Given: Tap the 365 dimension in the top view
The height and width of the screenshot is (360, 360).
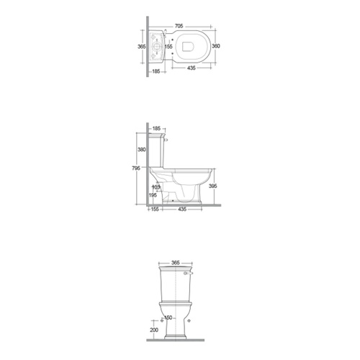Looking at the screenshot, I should tap(142, 46).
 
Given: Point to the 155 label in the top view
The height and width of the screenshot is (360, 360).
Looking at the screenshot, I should tap(168, 47).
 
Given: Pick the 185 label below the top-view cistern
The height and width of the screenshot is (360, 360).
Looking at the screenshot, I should tap(156, 71).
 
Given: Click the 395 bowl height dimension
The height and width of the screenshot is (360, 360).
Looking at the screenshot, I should tap(212, 186).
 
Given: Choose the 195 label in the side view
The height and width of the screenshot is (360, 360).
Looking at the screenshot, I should tap(153, 195).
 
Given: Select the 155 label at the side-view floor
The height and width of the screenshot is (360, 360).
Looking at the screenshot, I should tap(154, 210).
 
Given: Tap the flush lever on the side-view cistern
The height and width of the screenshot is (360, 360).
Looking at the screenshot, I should tap(167, 142).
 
